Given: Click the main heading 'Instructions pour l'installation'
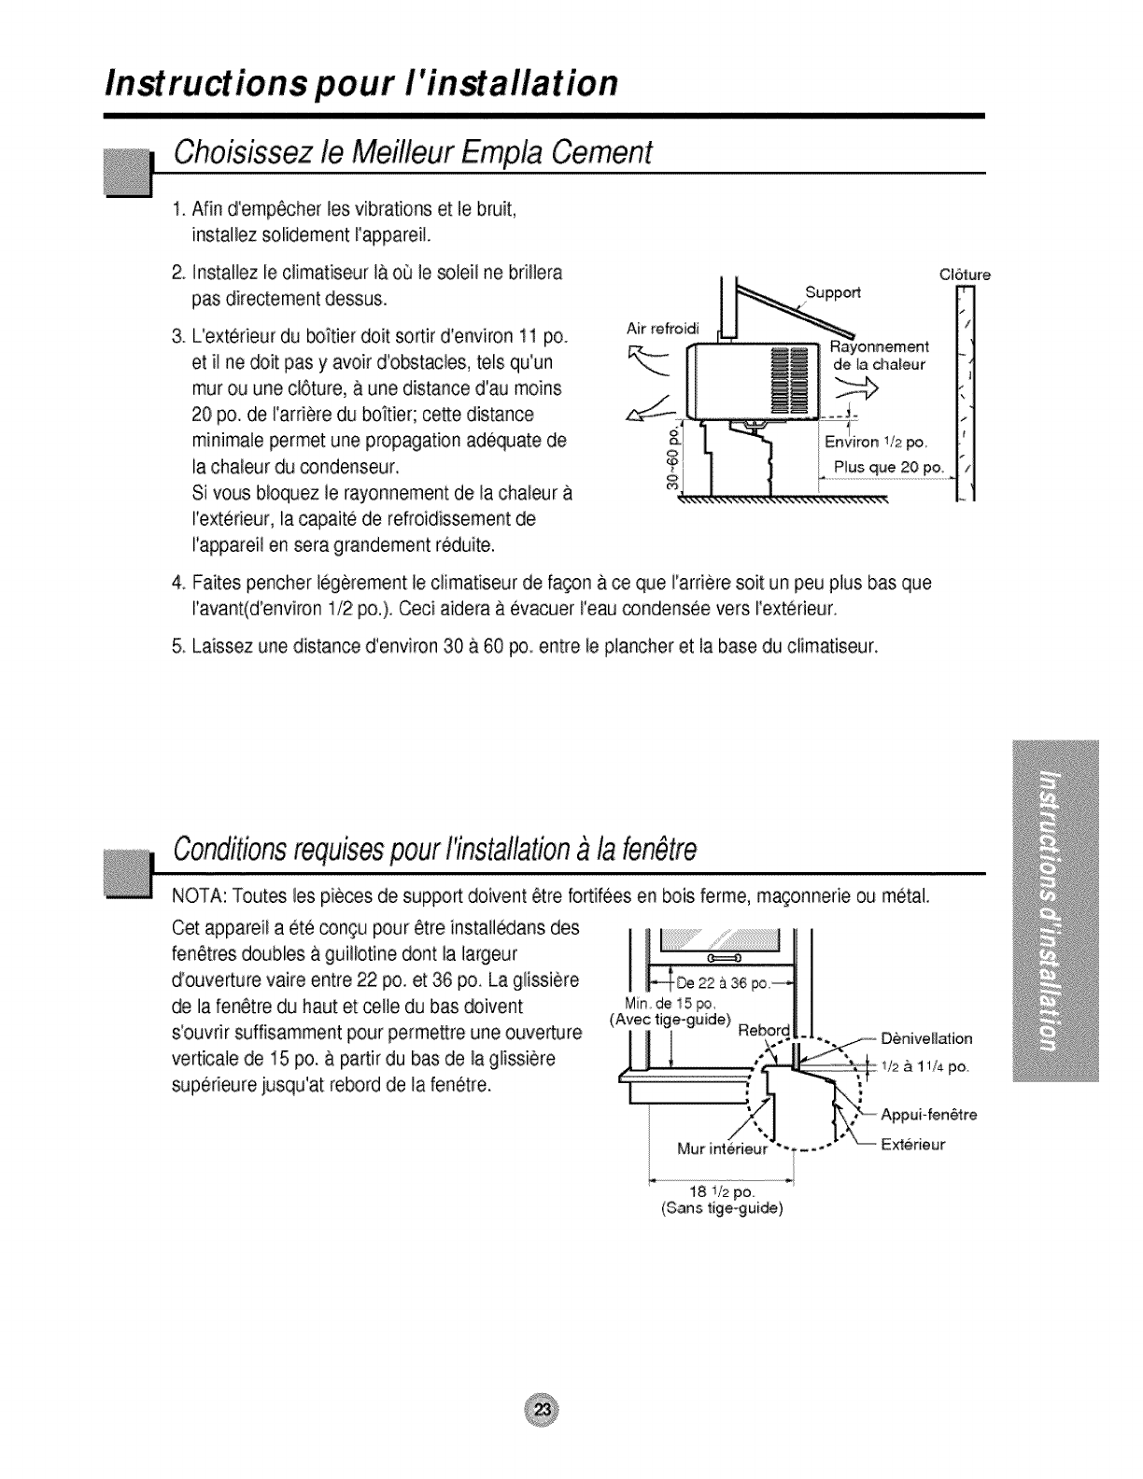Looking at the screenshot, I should (360, 83).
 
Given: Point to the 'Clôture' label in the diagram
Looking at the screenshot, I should (963, 275).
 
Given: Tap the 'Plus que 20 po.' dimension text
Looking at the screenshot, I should (889, 467).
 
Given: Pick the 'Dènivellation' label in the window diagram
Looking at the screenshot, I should (926, 1038).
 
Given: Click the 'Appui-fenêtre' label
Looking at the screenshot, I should (928, 1114).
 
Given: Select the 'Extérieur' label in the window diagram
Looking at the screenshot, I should (913, 1144).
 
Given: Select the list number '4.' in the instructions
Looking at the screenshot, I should (179, 585).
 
